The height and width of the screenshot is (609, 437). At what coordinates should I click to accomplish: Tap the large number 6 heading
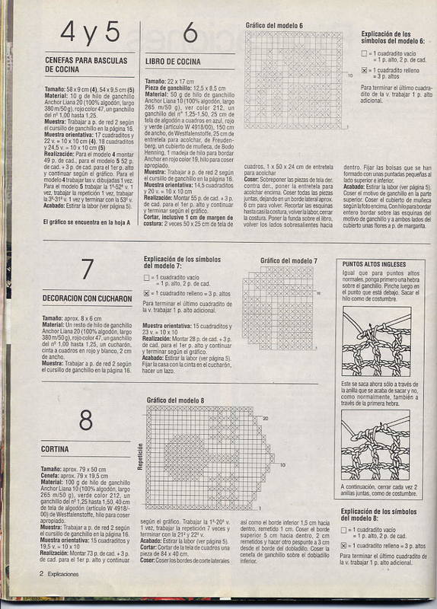(x=190, y=33)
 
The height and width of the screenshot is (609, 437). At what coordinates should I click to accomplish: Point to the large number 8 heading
(x=86, y=421)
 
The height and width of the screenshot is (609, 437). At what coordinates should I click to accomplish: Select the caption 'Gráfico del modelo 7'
(x=289, y=261)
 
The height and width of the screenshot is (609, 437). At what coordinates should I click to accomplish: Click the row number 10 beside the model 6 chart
(x=349, y=76)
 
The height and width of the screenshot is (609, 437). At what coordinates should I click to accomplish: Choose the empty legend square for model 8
(x=344, y=528)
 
